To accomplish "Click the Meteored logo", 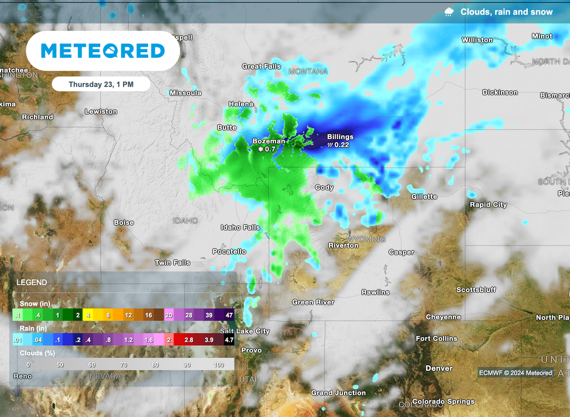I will click(x=103, y=51).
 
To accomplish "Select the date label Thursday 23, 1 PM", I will click(x=101, y=85).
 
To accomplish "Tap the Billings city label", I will click(x=340, y=136).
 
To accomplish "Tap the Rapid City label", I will click(x=488, y=204).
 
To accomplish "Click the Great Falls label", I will click(x=261, y=66).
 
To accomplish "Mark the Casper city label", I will click(x=401, y=252).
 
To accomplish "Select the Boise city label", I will click(x=124, y=222).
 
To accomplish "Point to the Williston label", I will click(x=477, y=40).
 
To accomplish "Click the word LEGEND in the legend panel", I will click(x=32, y=282).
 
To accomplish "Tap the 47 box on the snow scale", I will click(x=229, y=315).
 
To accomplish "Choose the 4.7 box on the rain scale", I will click(x=229, y=339).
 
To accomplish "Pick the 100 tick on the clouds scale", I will click(x=218, y=365).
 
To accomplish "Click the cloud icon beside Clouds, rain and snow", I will click(x=449, y=12).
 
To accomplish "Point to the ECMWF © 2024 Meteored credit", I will click(x=515, y=373).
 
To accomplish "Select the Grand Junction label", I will click(x=338, y=393).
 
